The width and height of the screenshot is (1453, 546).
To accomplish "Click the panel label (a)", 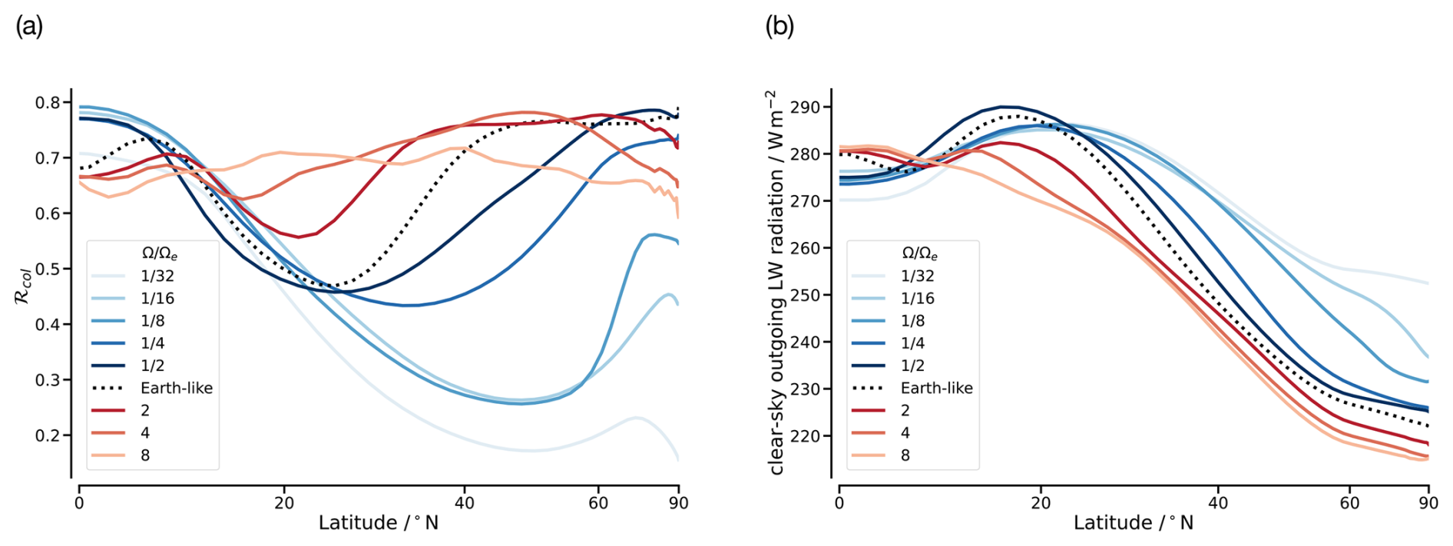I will point(29,27).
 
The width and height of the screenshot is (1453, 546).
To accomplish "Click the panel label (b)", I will point(779,27).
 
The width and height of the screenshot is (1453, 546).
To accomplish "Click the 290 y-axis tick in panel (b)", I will point(805,108).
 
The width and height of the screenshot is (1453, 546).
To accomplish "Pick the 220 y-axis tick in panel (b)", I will point(805,435).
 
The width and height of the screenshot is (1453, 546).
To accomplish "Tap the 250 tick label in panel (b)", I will point(805,295).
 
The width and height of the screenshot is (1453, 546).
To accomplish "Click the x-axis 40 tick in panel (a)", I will point(465,503).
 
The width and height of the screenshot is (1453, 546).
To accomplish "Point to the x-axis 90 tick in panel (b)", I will point(1428,503).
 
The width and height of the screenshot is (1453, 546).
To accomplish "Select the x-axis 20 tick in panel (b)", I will point(1041,503).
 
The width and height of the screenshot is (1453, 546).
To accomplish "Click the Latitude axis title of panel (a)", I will point(379,524).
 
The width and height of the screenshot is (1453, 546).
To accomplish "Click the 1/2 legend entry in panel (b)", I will point(912,366).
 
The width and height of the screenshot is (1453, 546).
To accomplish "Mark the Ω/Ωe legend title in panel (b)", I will point(919,253).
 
